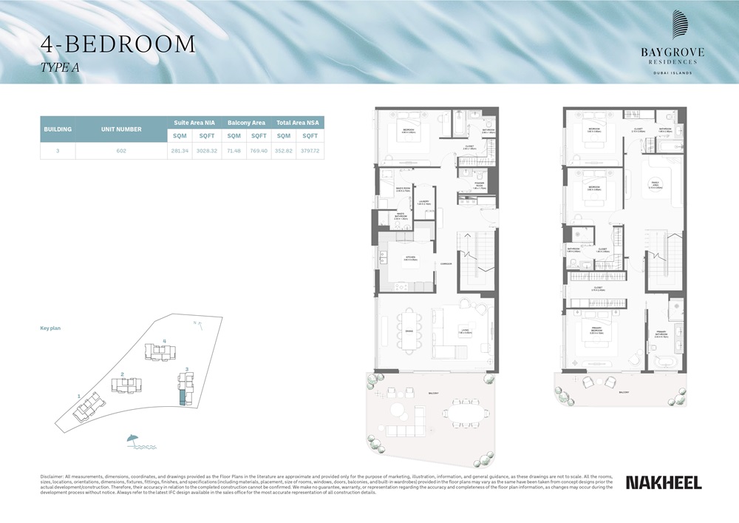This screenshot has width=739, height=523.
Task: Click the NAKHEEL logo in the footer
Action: click(x=664, y=482)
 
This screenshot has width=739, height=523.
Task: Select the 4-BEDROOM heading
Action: click(x=118, y=44)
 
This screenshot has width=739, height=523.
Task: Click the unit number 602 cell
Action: click(x=121, y=151)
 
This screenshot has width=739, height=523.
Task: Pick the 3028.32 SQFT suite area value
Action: click(x=205, y=151)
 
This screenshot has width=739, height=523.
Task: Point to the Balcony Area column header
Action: click(x=246, y=123)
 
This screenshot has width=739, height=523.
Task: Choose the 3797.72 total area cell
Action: click(x=310, y=151)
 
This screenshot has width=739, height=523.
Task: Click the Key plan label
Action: click(x=50, y=328)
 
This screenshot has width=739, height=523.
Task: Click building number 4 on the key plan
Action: click(x=164, y=341)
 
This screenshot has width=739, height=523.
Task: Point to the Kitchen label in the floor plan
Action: click(x=411, y=258)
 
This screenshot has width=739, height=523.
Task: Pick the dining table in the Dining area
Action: click(x=409, y=331)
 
